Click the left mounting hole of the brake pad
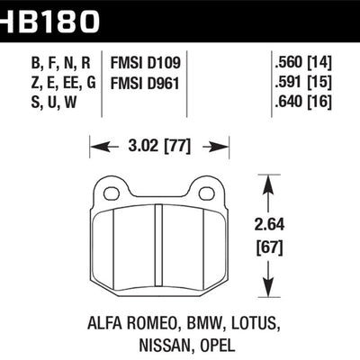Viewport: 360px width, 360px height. (x=112, y=192)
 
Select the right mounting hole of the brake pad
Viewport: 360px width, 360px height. (x=203, y=192)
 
